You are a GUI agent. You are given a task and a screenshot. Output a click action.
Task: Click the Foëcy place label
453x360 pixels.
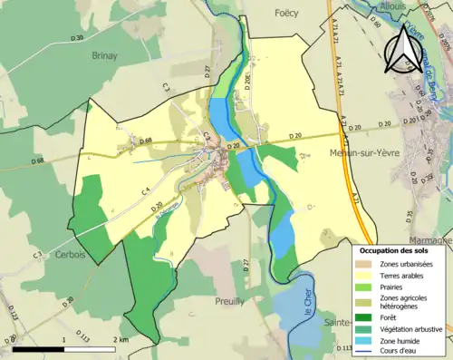[x=285, y=13]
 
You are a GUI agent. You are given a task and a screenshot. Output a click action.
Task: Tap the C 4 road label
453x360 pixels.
[x=144, y=190]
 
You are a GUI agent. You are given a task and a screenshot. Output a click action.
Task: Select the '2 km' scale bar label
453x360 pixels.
[x=120, y=339]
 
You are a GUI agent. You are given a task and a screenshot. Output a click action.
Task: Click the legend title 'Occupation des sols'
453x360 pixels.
[x=394, y=249]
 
